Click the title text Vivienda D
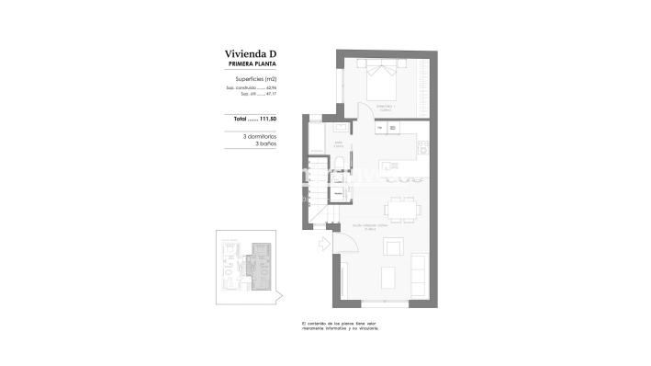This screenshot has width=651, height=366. (x=251, y=54)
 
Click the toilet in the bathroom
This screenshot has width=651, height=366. (x=338, y=165)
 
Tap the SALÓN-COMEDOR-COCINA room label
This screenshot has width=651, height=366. (x=370, y=226)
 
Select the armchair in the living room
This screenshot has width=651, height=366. (x=393, y=246)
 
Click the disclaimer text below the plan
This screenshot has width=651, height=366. (x=340, y=326)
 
